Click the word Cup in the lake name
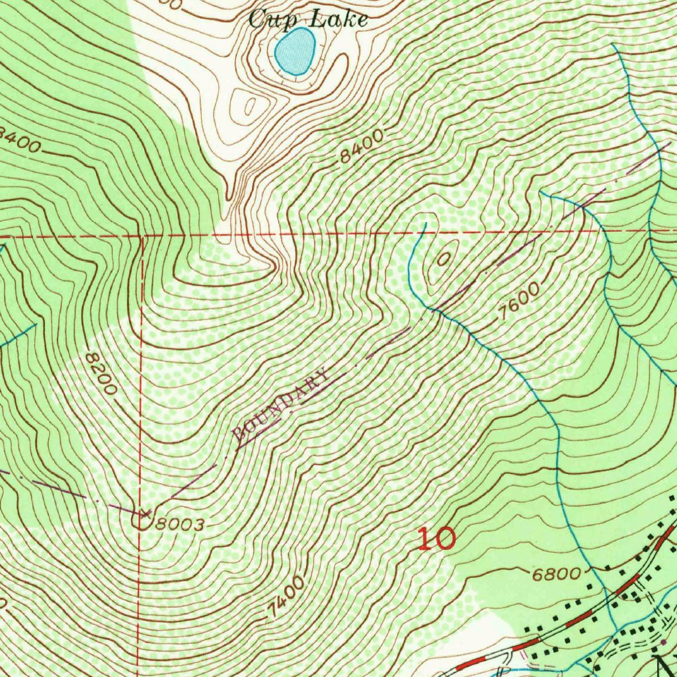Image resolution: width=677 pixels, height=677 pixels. tap(266, 19)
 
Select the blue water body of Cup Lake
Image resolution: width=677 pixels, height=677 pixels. tap(295, 51)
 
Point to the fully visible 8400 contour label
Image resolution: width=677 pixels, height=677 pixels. tap(362, 147)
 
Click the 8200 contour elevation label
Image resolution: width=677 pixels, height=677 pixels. tap(101, 374)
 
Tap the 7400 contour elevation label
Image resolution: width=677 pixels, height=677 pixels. tap(286, 598)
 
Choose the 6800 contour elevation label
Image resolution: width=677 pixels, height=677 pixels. tap(556, 573)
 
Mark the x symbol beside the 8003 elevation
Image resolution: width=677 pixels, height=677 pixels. tap(145, 513)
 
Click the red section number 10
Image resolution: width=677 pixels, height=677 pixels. tap(436, 539)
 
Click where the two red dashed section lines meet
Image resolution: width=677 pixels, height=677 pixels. tap(142, 235)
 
